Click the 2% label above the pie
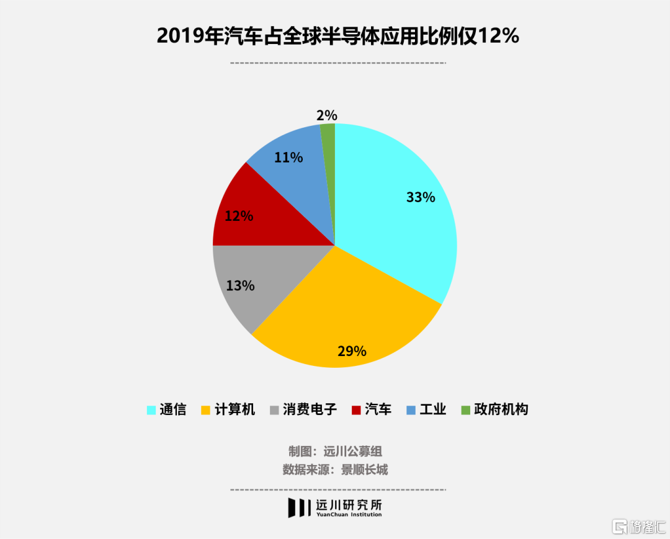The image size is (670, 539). click(x=326, y=115)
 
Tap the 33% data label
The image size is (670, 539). click(x=421, y=198)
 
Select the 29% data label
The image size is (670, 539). click(x=352, y=351)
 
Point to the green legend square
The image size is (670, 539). click(x=465, y=410)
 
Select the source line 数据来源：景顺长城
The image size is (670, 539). click(x=335, y=470)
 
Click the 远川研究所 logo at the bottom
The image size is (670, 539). click(x=335, y=507)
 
